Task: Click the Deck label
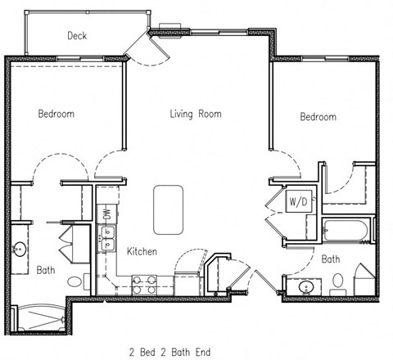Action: pyautogui.click(x=77, y=35)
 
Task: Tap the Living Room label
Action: pyautogui.click(x=196, y=114)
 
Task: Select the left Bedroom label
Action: pyautogui.click(x=56, y=114)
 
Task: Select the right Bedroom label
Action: pyautogui.click(x=318, y=117)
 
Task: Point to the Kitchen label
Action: pyautogui.click(x=142, y=251)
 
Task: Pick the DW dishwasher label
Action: pyautogui.click(x=106, y=214)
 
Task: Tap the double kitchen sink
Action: pyautogui.click(x=106, y=240)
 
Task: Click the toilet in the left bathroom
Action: pyautogui.click(x=75, y=282)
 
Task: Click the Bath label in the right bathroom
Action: pyautogui.click(x=331, y=259)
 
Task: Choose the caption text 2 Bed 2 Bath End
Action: pyautogui.click(x=169, y=352)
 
